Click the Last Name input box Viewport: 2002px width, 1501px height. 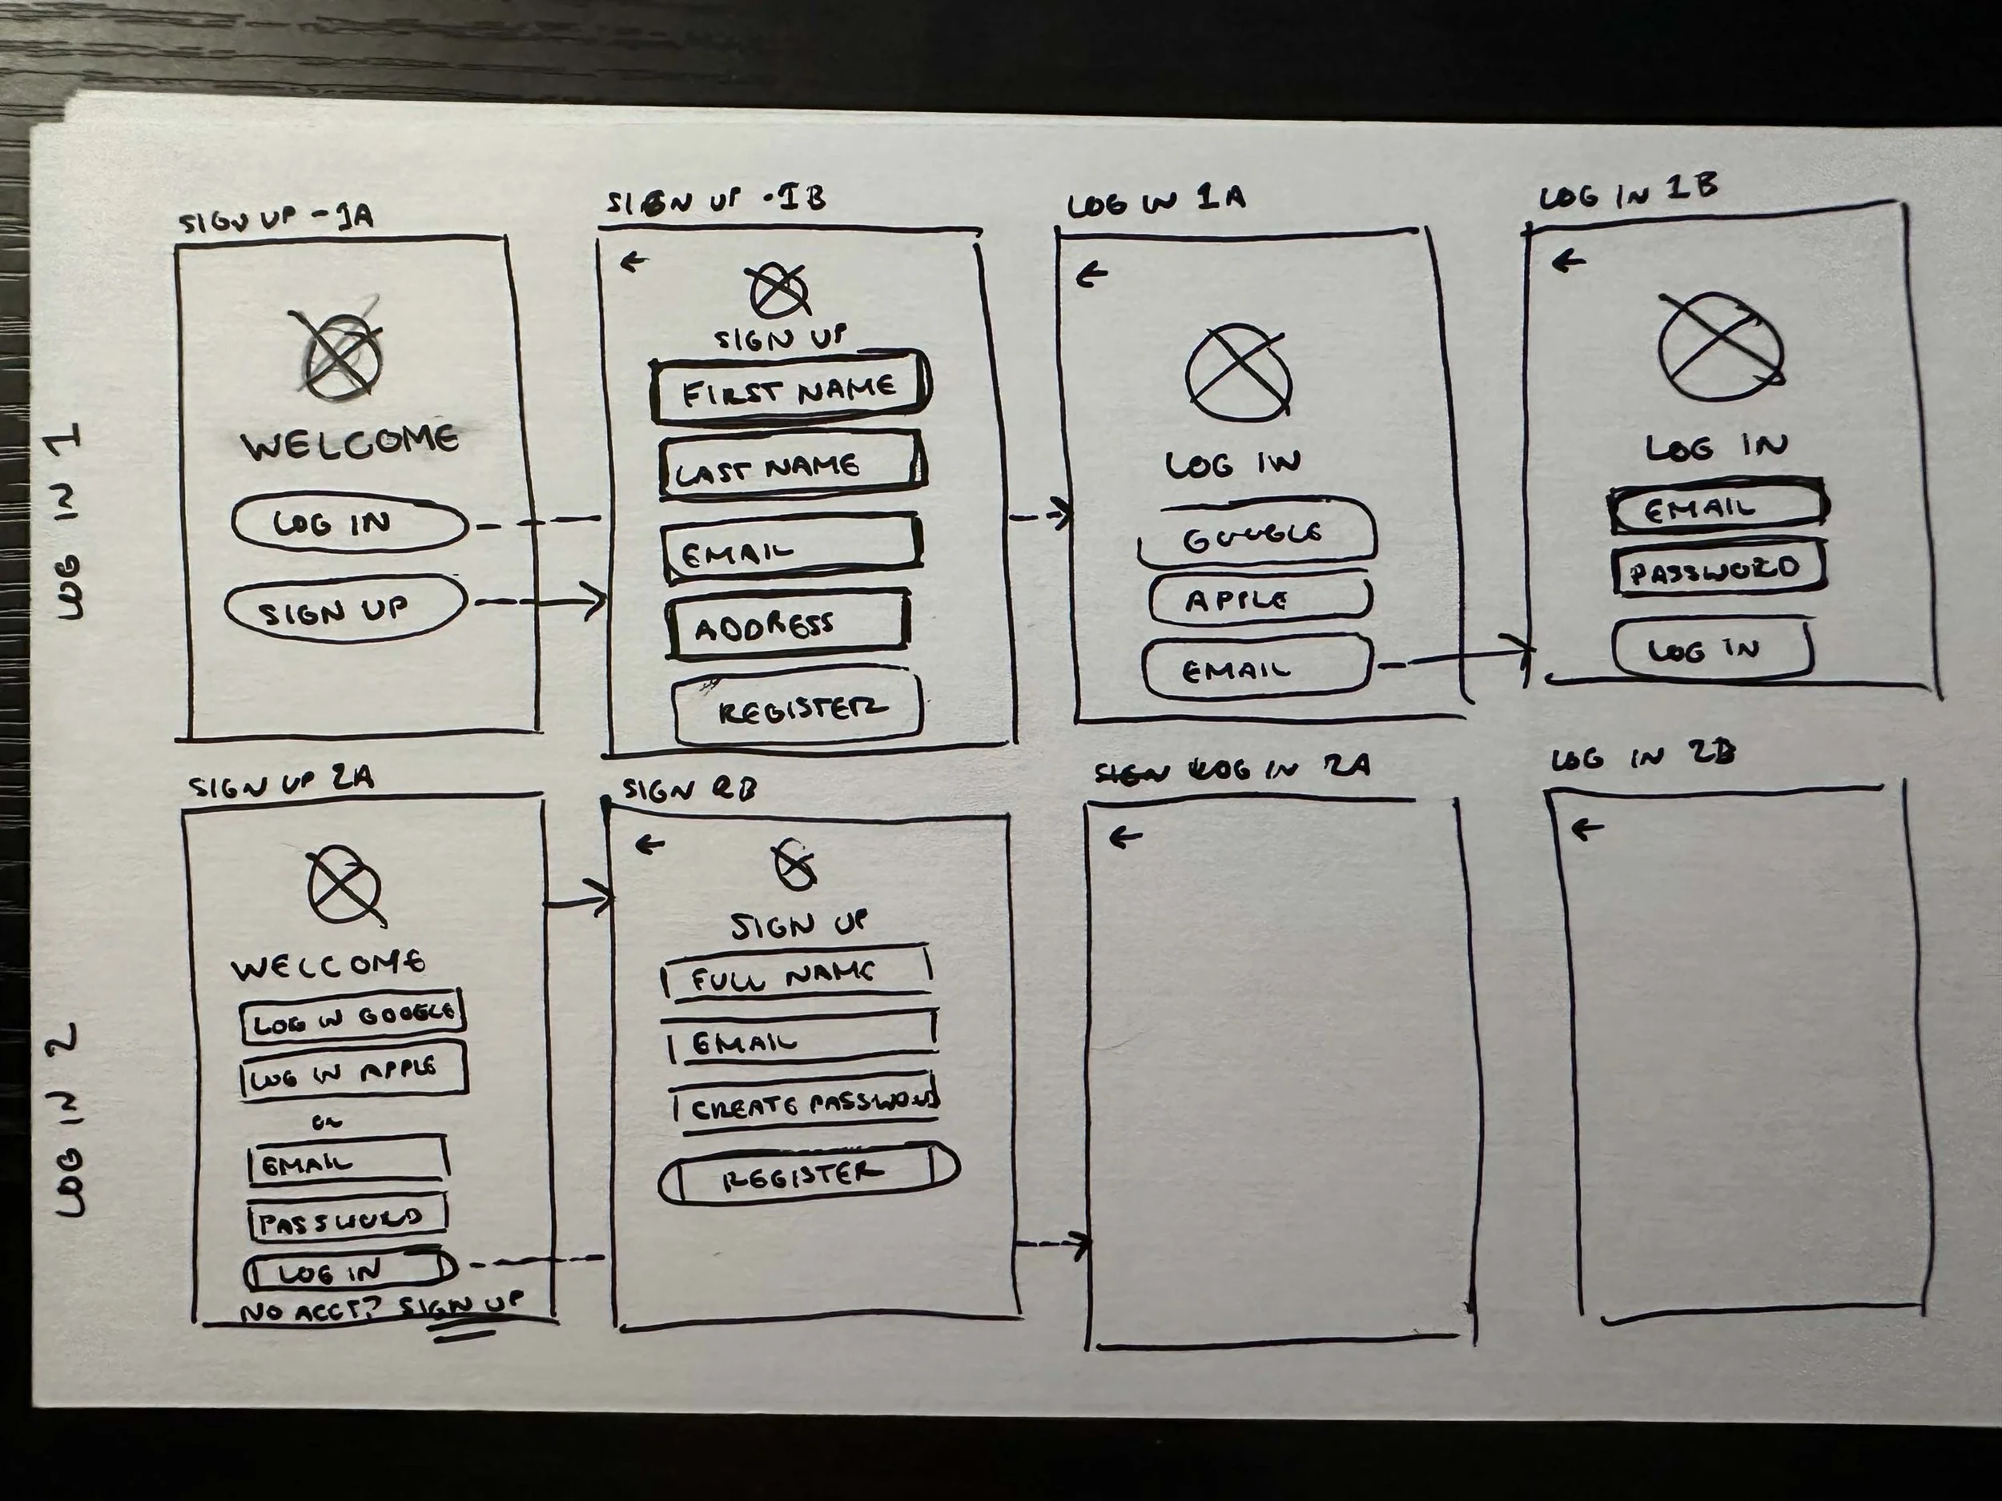(x=791, y=465)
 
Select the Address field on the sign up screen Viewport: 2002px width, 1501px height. (x=787, y=624)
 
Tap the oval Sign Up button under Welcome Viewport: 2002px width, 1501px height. (x=345, y=609)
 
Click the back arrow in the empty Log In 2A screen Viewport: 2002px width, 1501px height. (x=1125, y=838)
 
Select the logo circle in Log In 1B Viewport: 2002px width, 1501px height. (x=1719, y=347)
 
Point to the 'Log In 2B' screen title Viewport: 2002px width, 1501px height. (x=1642, y=757)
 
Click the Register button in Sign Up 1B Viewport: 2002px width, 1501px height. (x=798, y=710)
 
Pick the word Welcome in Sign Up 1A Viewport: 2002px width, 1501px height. (x=349, y=443)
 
